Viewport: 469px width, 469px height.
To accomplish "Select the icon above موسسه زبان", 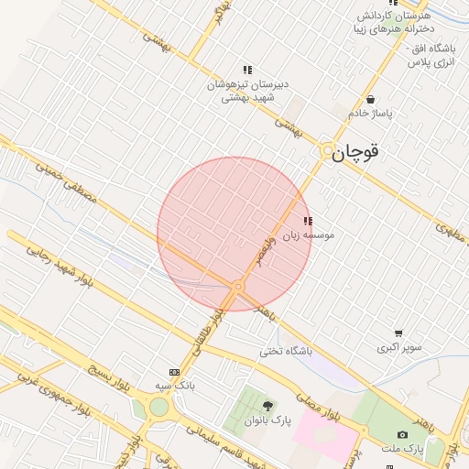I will coord(308,221).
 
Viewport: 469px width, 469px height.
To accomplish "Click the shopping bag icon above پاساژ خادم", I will coord(370,99).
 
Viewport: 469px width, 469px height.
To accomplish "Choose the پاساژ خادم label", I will coord(370,113).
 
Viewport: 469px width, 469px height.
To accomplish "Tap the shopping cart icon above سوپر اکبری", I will coord(398,333).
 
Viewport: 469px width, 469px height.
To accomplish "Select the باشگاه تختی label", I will coord(286,351).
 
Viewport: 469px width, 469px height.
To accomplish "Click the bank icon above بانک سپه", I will coord(175,372).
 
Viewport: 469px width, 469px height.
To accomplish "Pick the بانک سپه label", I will coord(175,386).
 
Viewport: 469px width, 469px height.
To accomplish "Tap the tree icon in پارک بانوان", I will coord(267,406).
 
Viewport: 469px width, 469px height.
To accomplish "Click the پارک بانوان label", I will coord(267,420).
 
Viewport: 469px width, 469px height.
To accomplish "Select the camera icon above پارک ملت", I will coord(402,434).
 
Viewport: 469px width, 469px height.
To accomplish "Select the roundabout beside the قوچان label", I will coord(327,149).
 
